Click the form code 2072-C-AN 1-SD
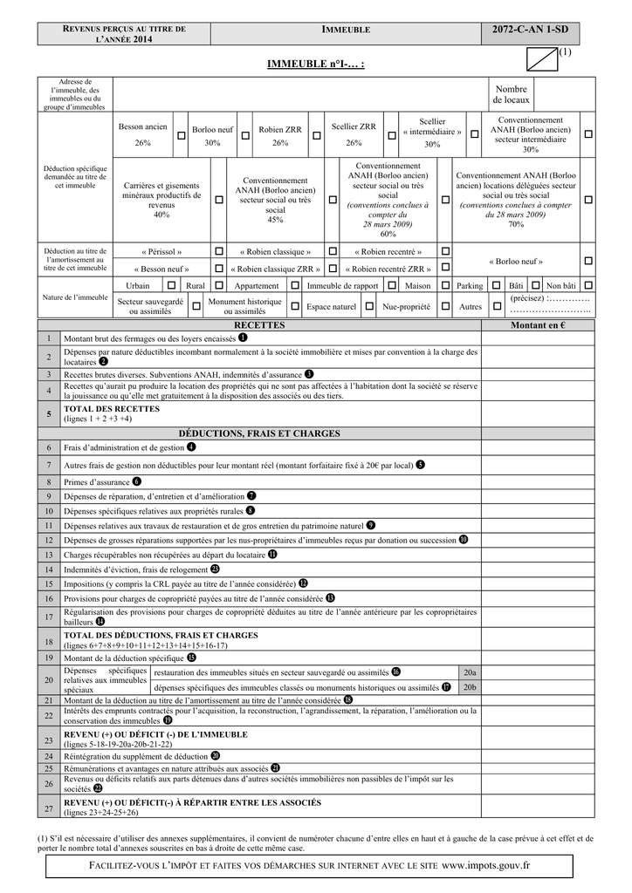coord(530,30)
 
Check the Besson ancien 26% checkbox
coord(182,136)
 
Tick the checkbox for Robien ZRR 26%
coord(316,136)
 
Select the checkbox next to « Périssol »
coord(218,251)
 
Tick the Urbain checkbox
coord(171,285)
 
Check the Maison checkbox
coord(444,285)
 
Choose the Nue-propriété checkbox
coord(445,306)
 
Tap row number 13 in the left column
coord(49,555)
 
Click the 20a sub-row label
coord(470,673)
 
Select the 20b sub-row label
coord(470,687)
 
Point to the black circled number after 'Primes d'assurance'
coord(137,481)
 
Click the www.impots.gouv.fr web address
coord(486,865)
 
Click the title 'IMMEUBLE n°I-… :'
coord(315,65)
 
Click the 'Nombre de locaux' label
coord(511,95)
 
